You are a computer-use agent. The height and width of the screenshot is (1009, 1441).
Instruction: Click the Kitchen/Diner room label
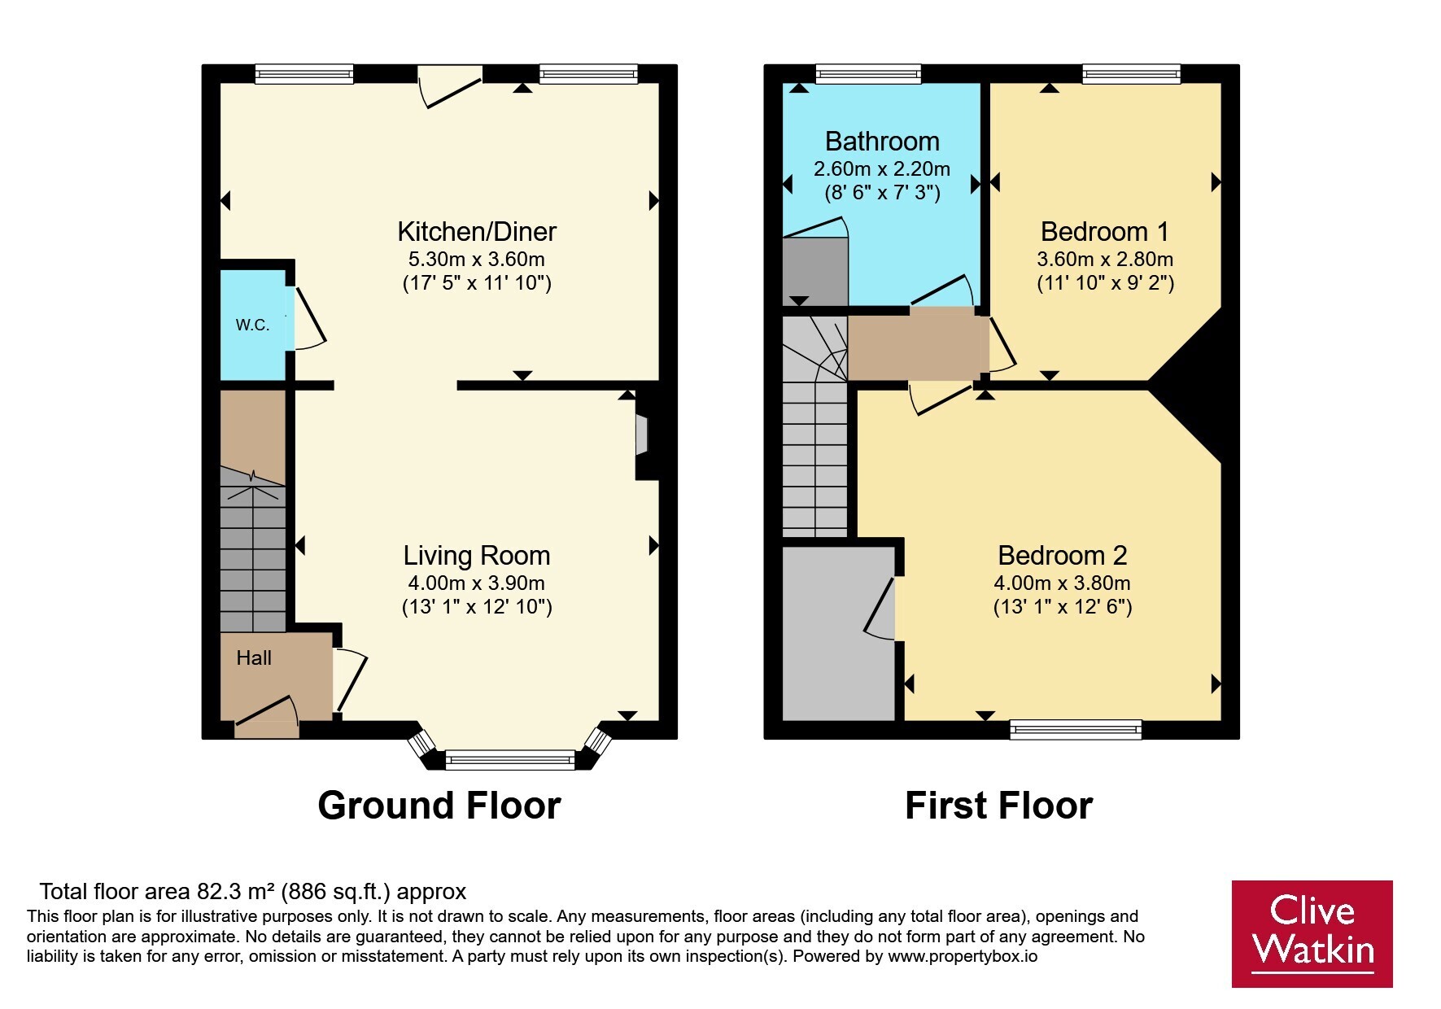point(477,232)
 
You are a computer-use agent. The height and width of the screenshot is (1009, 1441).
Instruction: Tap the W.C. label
point(252,325)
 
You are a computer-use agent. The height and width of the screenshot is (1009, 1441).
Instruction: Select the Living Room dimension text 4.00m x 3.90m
point(477,583)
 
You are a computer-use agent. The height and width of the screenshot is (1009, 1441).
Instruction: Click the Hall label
point(254,657)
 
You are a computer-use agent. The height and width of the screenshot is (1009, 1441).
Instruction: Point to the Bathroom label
point(882,142)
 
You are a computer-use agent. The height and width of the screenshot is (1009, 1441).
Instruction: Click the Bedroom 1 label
point(1105,232)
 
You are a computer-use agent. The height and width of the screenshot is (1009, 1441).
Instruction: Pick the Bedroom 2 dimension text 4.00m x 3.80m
point(1062,583)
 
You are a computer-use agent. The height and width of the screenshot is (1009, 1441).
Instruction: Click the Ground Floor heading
point(439,805)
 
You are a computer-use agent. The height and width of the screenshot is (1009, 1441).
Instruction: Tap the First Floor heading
point(998,805)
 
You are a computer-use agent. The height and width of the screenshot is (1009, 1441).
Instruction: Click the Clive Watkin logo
point(1312,933)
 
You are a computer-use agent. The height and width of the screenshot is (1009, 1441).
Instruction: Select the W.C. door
point(308,318)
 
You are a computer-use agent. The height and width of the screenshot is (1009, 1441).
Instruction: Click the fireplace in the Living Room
point(642,435)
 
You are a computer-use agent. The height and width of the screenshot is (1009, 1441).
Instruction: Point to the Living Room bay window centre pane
point(510,760)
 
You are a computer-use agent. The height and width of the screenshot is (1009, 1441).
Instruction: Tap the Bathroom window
point(868,74)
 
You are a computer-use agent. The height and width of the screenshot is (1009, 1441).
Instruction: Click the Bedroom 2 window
point(1076,729)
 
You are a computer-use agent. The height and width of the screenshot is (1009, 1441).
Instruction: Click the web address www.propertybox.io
point(963,956)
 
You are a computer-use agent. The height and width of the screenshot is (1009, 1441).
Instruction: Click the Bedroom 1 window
point(1131,74)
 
